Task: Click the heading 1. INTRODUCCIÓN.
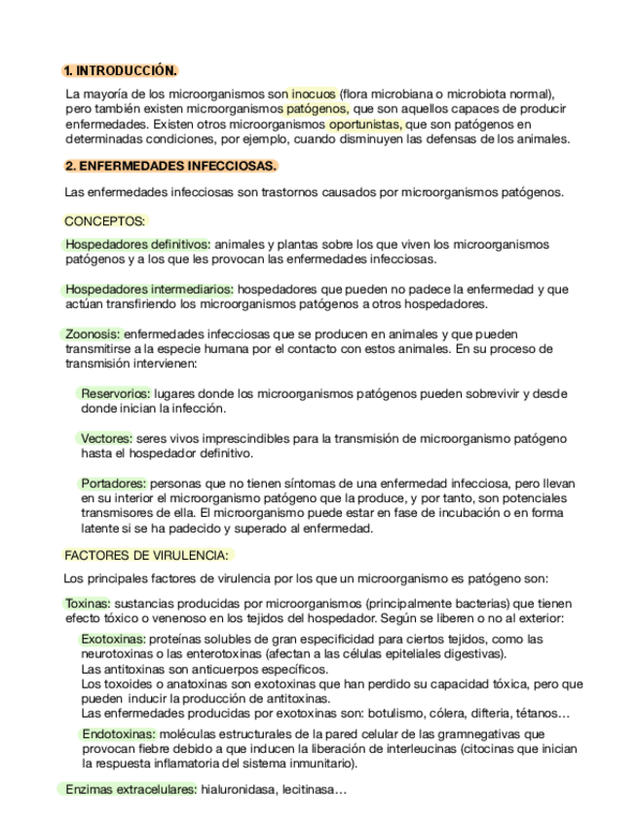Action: [120, 71]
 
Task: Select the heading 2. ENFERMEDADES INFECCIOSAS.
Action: [169, 166]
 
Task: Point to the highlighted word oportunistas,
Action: [366, 124]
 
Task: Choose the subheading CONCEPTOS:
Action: [104, 221]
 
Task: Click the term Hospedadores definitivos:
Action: [137, 244]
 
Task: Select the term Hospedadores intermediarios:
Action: [149, 290]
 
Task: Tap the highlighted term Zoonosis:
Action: [94, 334]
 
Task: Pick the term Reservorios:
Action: [116, 394]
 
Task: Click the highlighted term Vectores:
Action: [107, 439]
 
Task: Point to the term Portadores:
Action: [114, 483]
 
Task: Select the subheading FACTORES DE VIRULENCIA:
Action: [147, 555]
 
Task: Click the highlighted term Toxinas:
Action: [89, 604]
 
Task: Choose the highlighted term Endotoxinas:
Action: [120, 733]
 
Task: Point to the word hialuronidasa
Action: [237, 789]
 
